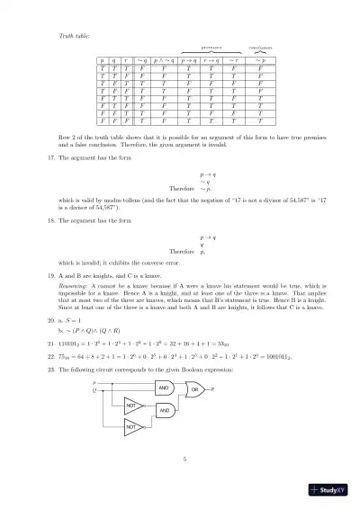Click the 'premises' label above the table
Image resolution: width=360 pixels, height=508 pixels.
click(x=211, y=47)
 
